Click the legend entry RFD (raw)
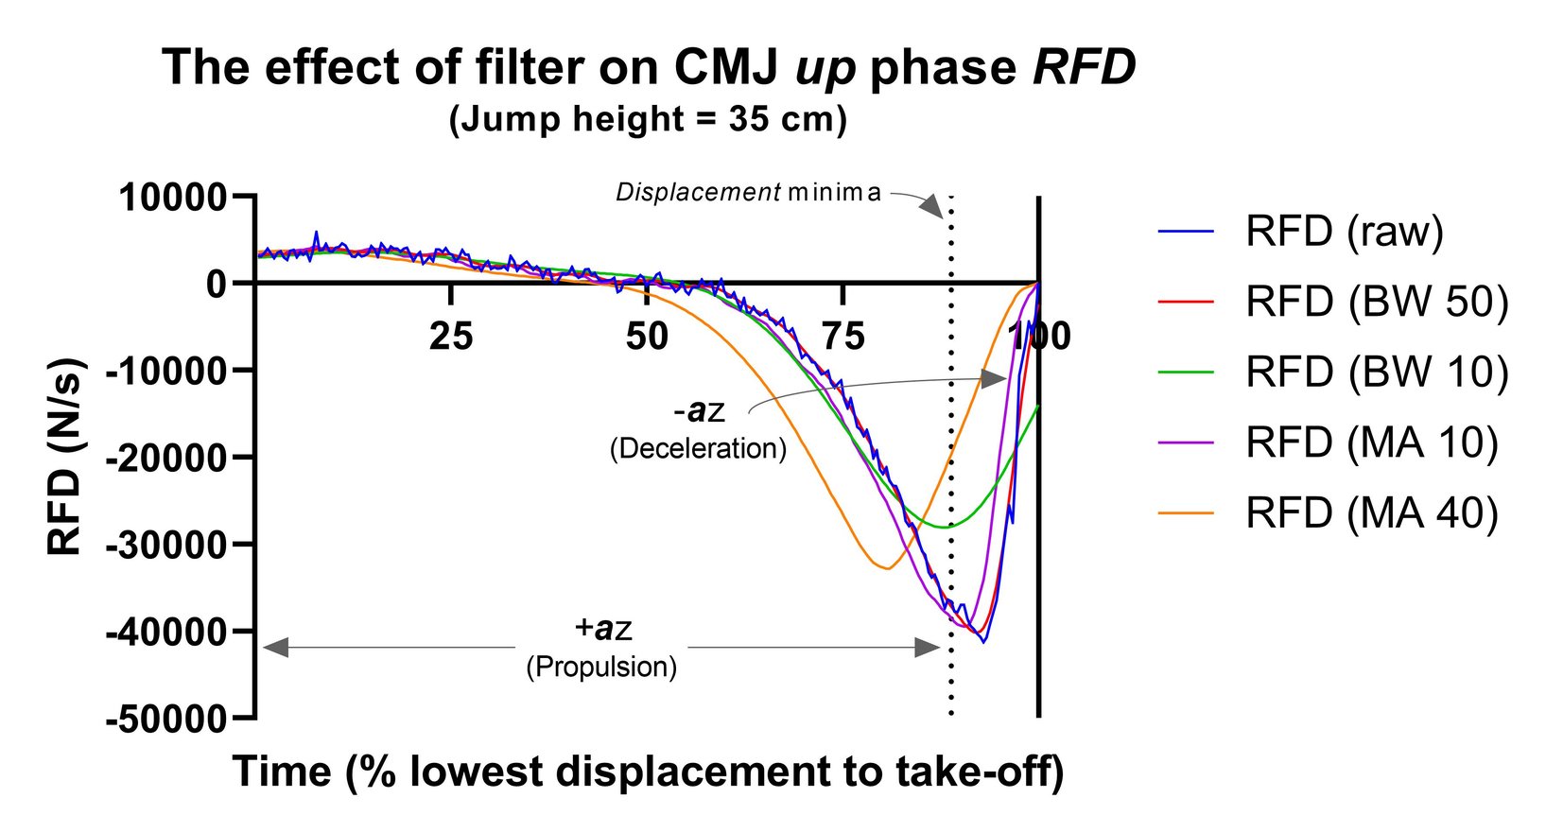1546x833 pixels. [1344, 232]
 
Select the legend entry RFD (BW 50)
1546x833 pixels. [1376, 302]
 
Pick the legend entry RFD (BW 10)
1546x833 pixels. [1376, 372]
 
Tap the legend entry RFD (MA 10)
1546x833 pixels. [1371, 443]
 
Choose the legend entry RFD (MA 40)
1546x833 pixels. [1371, 512]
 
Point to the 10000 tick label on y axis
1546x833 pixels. [173, 198]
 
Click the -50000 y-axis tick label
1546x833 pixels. [167, 720]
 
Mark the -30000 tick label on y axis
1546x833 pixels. [167, 546]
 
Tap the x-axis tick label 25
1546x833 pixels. [451, 337]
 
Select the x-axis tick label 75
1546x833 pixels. [842, 337]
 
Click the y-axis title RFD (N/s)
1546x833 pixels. [66, 457]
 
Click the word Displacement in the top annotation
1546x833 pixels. [697, 193]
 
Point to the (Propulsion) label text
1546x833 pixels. [601, 668]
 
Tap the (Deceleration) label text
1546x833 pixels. [698, 448]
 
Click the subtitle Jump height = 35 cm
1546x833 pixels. [648, 120]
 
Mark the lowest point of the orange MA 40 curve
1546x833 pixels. [886, 568]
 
